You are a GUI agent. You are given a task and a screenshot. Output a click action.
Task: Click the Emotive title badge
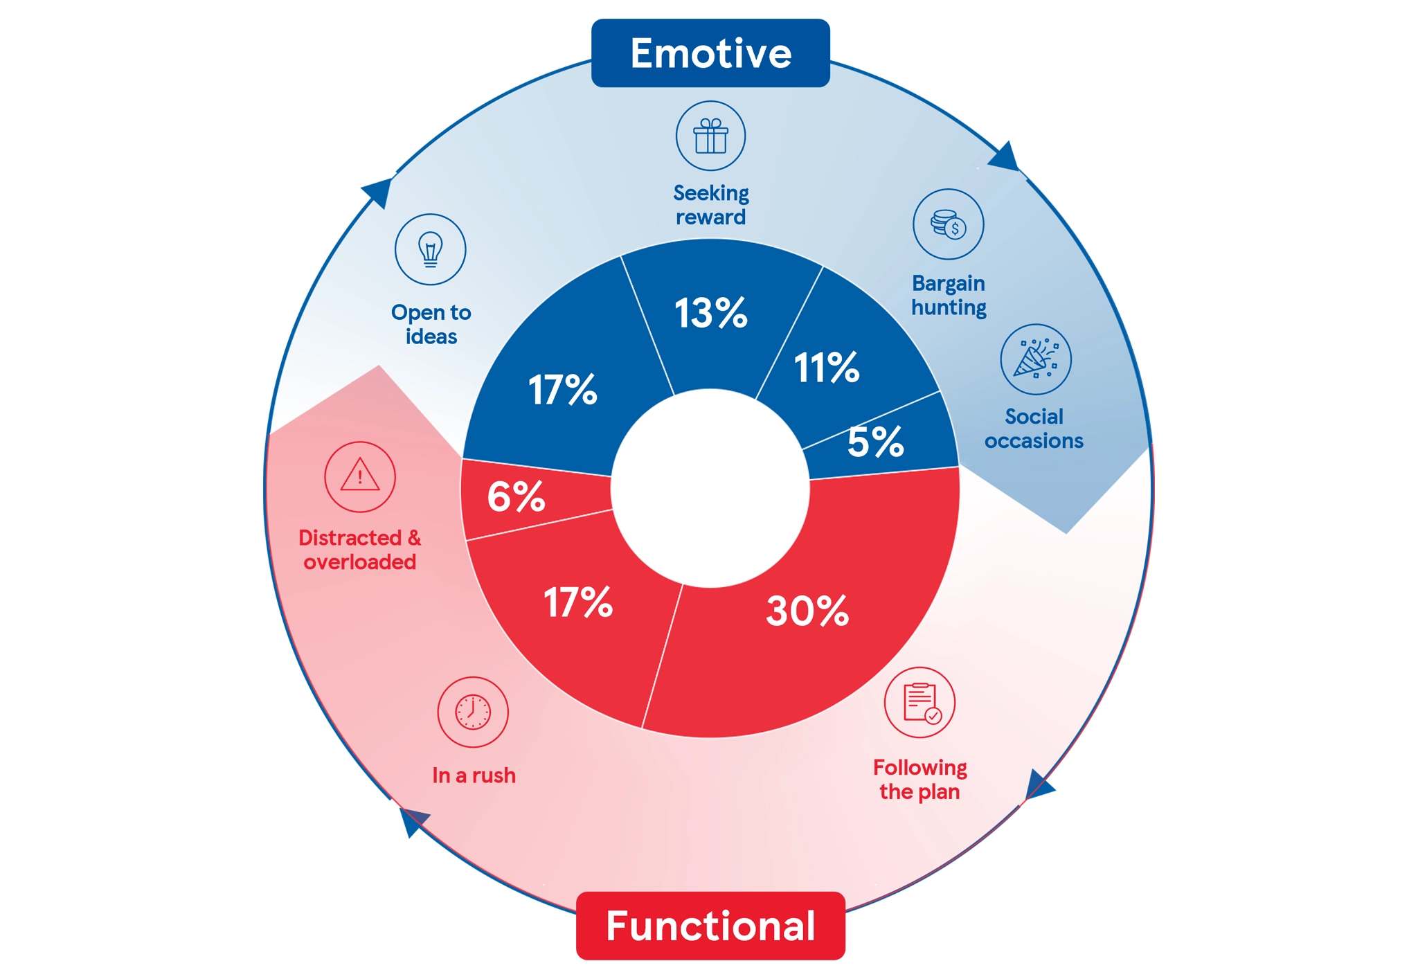click(x=710, y=53)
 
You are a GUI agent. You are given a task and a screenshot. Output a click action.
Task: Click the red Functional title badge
click(x=710, y=926)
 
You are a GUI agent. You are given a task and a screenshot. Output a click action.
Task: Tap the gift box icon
click(x=710, y=136)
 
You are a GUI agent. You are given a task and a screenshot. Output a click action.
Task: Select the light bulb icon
click(x=430, y=249)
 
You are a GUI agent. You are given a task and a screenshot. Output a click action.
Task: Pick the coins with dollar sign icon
click(x=948, y=224)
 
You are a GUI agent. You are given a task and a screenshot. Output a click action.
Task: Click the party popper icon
click(x=1035, y=359)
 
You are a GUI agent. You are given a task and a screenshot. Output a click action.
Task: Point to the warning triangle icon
click(x=359, y=477)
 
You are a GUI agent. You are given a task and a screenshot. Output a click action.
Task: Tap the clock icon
click(x=473, y=712)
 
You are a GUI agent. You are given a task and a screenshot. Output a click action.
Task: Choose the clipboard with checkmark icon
click(x=919, y=703)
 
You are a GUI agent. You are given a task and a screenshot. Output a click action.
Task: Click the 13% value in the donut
click(x=710, y=313)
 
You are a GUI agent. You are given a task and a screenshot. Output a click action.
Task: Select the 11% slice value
click(x=826, y=367)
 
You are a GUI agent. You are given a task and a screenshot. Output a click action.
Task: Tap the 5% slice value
click(x=875, y=442)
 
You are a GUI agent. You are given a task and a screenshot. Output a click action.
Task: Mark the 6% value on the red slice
click(x=516, y=496)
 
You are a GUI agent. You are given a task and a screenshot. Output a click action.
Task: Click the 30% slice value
click(x=807, y=611)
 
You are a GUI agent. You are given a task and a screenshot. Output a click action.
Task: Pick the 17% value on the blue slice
click(x=562, y=390)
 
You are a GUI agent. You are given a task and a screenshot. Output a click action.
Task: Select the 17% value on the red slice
click(x=577, y=602)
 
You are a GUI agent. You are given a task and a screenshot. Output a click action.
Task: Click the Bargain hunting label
click(x=949, y=295)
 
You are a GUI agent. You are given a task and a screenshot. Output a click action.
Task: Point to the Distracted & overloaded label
click(x=359, y=550)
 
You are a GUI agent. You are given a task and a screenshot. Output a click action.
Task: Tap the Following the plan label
click(x=919, y=780)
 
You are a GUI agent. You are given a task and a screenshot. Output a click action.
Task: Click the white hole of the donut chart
click(x=710, y=488)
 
